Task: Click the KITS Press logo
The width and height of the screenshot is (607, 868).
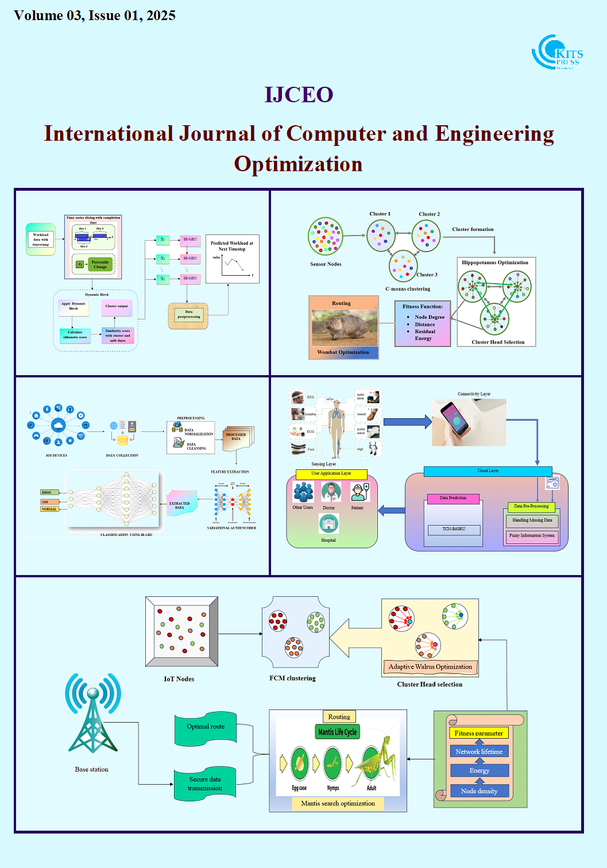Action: (x=556, y=52)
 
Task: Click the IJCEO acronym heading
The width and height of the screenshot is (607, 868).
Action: (x=299, y=95)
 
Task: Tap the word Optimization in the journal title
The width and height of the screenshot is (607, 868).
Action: (x=298, y=164)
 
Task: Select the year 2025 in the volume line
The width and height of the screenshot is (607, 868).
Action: (x=161, y=16)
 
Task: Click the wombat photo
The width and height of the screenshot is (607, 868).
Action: (x=344, y=328)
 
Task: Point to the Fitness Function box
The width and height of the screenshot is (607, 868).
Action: (x=422, y=323)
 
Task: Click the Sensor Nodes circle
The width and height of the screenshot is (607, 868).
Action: (x=326, y=236)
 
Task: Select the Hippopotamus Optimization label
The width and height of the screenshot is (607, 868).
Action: (x=495, y=263)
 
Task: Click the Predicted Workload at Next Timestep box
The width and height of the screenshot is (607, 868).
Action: (x=232, y=259)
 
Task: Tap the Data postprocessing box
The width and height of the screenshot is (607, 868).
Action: (x=188, y=315)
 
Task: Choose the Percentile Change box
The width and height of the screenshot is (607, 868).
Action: (x=100, y=264)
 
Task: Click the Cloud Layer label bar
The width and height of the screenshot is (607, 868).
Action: (x=488, y=471)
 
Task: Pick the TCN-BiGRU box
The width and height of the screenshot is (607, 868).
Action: (x=454, y=529)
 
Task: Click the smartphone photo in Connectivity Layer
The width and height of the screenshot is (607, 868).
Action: (x=469, y=423)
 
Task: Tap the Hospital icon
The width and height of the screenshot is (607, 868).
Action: (x=328, y=523)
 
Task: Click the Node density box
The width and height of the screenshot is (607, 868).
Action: (x=480, y=791)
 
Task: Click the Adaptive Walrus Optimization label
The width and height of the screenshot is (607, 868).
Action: (x=430, y=667)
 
